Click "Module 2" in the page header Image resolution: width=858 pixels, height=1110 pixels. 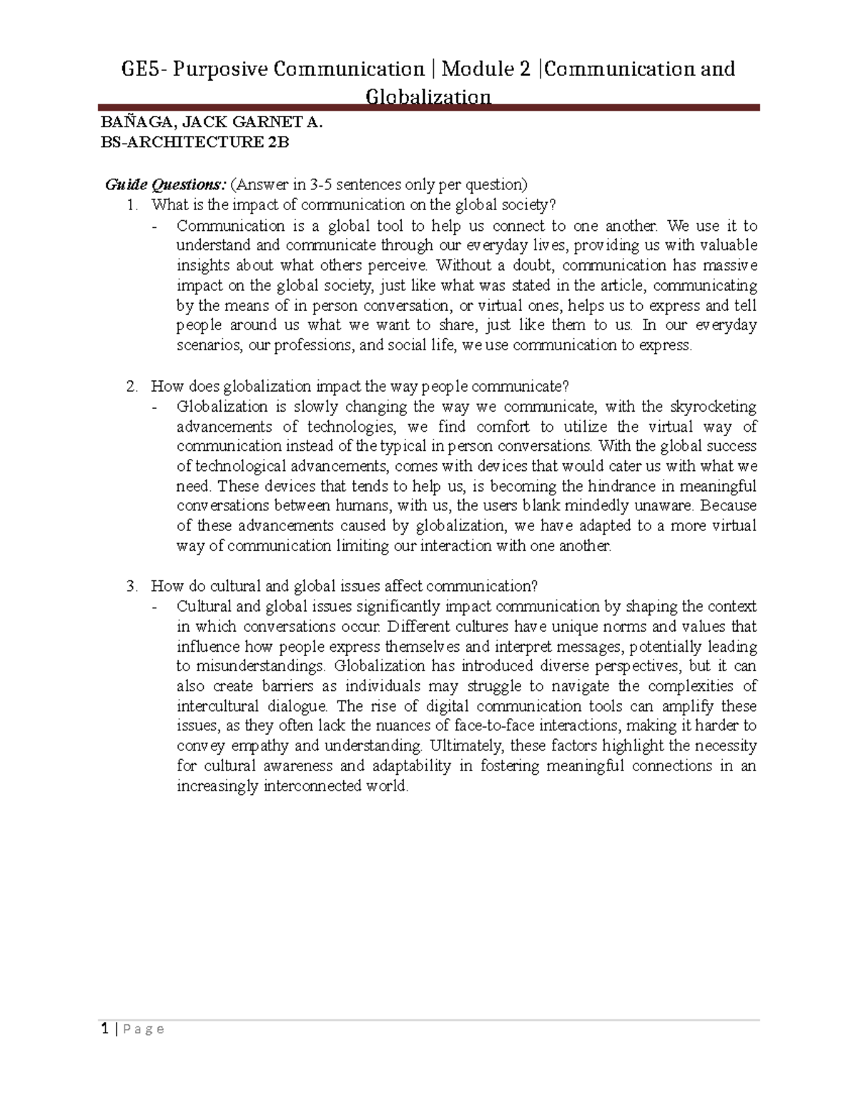tap(486, 69)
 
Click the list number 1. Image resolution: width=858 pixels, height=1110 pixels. tap(131, 205)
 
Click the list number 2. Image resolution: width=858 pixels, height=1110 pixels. tap(131, 387)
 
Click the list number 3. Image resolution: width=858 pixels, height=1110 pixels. tap(131, 587)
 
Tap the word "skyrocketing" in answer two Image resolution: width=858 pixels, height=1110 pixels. tap(713, 407)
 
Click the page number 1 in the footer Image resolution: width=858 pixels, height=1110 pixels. tap(105, 1029)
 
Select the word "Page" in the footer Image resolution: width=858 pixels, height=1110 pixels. tap(143, 1030)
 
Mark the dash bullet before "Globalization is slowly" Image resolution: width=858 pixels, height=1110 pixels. tap(154, 407)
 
